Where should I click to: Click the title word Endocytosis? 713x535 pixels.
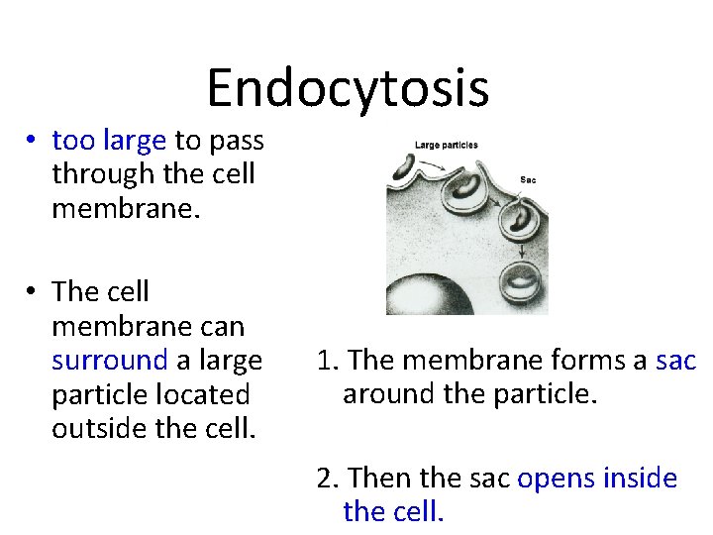coord(348,87)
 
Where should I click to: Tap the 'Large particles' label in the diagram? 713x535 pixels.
coord(446,145)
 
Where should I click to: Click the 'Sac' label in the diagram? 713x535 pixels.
coord(529,180)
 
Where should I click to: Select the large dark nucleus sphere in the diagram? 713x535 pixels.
coord(427,296)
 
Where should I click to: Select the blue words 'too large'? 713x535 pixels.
coord(109,141)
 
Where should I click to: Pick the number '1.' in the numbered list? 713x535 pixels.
coord(329,359)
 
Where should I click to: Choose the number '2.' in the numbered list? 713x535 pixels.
coord(329,479)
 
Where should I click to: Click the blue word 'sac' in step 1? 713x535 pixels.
coord(675,359)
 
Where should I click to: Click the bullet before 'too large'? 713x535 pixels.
coord(34,141)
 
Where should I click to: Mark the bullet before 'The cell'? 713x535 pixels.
coord(34,291)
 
